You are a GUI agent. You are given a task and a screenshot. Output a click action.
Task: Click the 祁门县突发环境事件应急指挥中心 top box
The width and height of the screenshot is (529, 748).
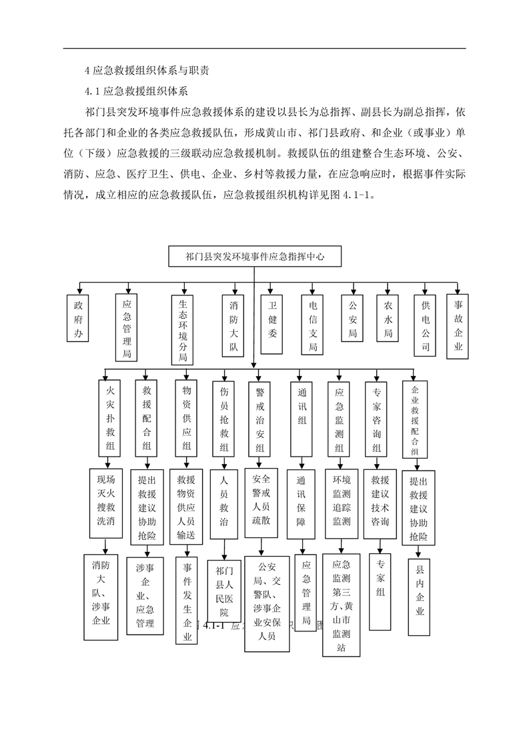(x=255, y=256)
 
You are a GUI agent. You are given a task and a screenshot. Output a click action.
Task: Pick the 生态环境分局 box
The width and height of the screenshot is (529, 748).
(x=182, y=329)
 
